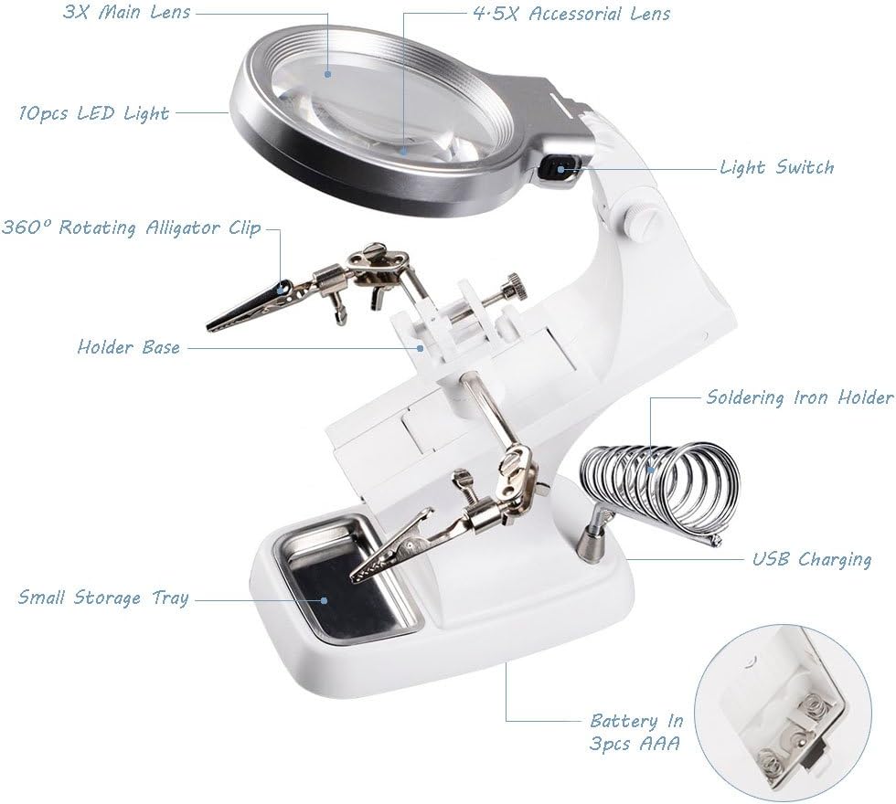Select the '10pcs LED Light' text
pos(94,113)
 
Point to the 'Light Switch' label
pos(777,167)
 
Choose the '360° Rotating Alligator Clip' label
pos(132,227)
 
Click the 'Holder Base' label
pos(129,346)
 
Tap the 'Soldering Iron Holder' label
pos(799,397)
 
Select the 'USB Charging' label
pos(812,558)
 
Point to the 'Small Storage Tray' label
pos(103,598)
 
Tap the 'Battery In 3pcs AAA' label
pos(636,732)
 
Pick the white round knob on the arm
pos(635,222)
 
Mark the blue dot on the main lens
pos(328,74)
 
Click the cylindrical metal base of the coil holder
pos(589,543)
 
